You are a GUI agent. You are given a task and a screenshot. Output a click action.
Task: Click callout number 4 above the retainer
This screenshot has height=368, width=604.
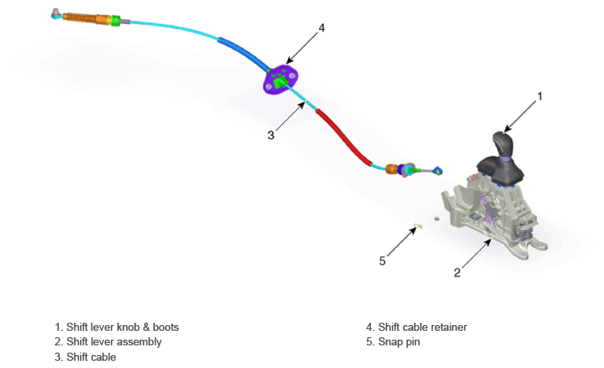click(321, 27)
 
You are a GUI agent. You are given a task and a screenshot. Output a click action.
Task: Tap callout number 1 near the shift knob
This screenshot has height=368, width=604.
click(540, 96)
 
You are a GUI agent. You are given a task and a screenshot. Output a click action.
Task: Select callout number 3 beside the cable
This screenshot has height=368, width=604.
click(270, 135)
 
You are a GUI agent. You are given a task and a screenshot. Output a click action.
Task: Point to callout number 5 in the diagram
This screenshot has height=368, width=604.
click(382, 261)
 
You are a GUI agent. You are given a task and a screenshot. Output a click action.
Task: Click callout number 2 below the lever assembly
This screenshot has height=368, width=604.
click(457, 273)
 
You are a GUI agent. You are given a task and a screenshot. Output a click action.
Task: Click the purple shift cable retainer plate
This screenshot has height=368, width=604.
click(280, 79)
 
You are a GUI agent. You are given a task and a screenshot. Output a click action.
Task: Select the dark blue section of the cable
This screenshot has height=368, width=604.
click(244, 53)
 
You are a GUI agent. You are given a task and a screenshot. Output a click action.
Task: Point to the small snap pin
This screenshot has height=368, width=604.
click(419, 226)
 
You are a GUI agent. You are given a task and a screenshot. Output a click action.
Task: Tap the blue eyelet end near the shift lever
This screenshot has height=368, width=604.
click(438, 170)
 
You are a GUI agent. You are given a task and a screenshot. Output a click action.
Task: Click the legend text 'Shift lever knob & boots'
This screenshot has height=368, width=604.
click(122, 328)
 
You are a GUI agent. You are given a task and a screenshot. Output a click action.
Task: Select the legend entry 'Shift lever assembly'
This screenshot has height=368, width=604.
click(114, 342)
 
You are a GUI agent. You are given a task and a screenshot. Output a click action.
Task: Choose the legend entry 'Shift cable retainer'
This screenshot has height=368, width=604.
click(423, 328)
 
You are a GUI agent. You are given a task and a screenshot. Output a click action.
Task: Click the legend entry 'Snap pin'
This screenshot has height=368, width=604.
click(399, 342)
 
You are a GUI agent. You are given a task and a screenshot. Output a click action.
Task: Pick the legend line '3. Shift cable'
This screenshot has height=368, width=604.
click(85, 357)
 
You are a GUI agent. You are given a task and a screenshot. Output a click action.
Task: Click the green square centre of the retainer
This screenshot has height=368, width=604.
click(279, 82)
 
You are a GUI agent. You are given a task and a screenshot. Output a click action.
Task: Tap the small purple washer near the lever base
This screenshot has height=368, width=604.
click(436, 218)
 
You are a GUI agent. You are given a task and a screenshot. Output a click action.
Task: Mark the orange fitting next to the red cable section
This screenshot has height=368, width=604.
click(392, 168)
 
